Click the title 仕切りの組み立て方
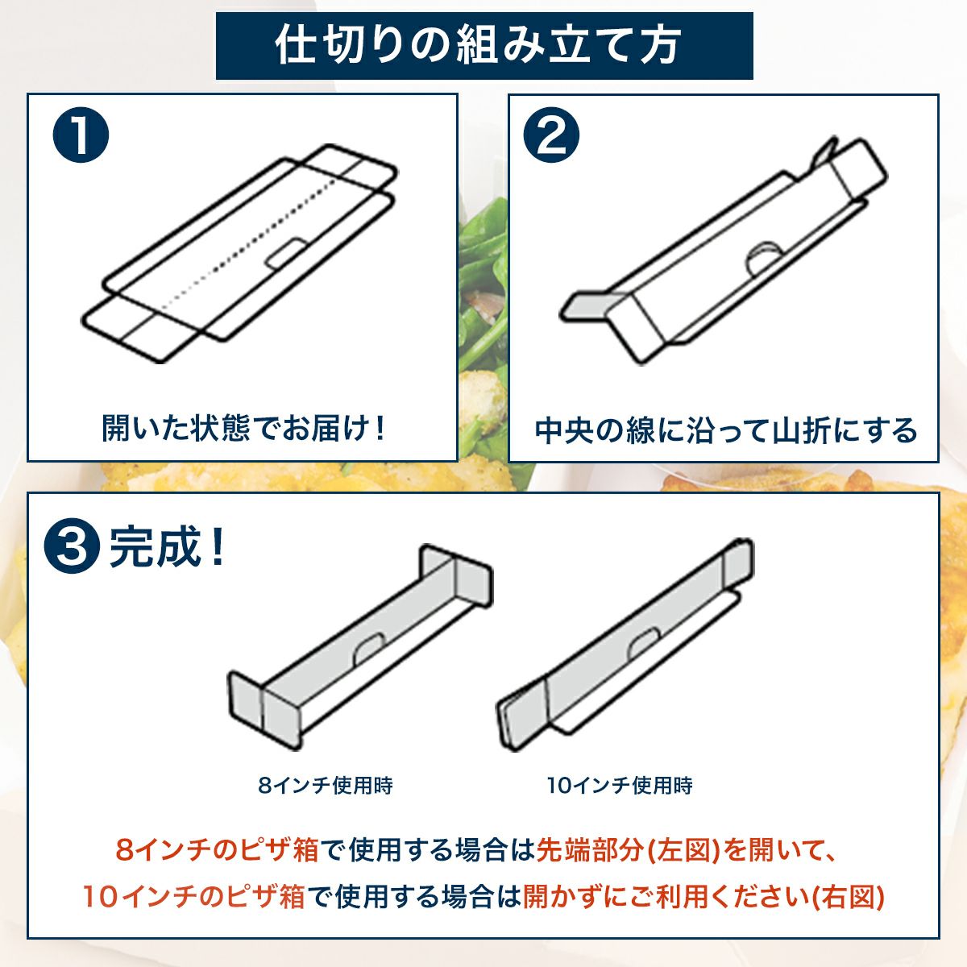click(483, 45)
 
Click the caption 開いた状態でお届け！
click(243, 428)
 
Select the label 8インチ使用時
click(326, 785)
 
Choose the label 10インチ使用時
click(619, 785)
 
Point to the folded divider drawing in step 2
click(725, 250)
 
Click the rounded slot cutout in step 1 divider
click(284, 252)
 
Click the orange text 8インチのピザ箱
click(218, 850)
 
